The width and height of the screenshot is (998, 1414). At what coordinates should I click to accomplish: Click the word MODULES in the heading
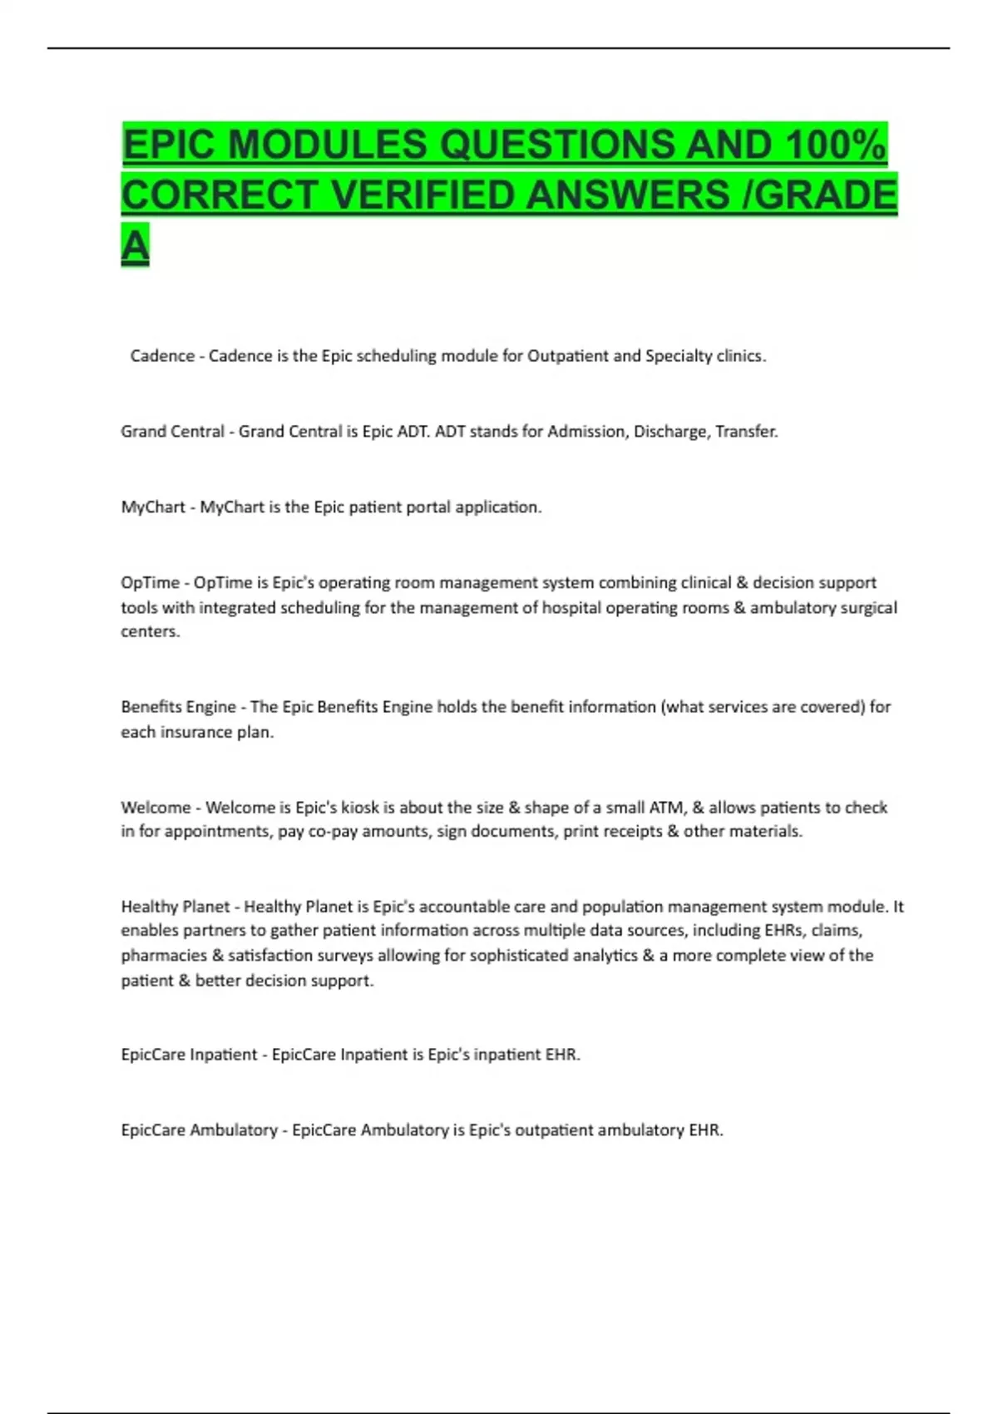(328, 145)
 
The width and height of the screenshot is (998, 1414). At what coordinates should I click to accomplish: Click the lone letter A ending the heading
(135, 245)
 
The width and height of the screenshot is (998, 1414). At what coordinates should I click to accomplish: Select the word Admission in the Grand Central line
(585, 432)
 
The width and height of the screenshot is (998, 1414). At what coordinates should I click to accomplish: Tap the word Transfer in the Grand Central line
(746, 432)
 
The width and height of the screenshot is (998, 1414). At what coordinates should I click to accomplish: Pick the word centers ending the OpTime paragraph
(150, 631)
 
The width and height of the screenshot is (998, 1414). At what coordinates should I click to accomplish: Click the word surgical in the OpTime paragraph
(867, 608)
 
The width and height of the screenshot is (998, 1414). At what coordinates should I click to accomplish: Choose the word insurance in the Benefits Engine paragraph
(196, 732)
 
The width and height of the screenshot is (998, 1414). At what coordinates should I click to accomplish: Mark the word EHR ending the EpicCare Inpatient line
(562, 1055)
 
